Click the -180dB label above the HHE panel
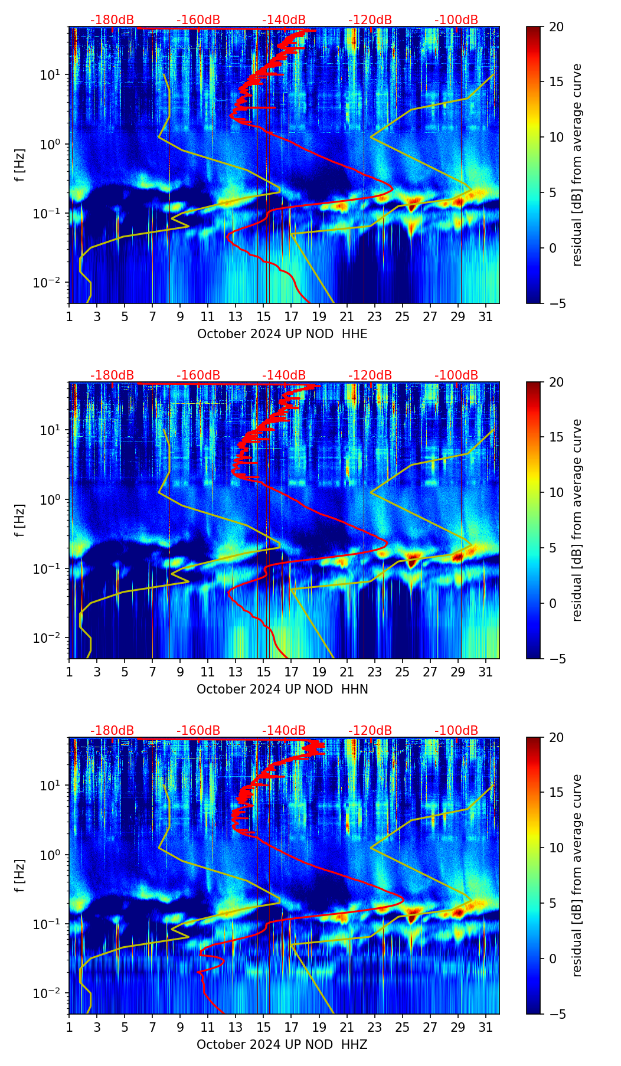(x=112, y=20)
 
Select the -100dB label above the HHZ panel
(x=456, y=731)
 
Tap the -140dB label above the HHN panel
(x=284, y=375)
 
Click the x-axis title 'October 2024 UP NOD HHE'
(x=282, y=334)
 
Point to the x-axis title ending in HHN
(x=282, y=689)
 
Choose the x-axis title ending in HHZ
(x=282, y=1045)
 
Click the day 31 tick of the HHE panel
(x=486, y=318)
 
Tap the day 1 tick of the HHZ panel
(x=69, y=1028)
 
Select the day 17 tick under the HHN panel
(x=292, y=673)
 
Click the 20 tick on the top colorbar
(x=556, y=27)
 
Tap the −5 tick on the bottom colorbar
(x=556, y=1014)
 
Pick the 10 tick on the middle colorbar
(x=556, y=492)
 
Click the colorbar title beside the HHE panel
(x=577, y=165)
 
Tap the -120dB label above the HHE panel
(x=370, y=20)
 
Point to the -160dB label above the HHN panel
(x=198, y=375)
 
